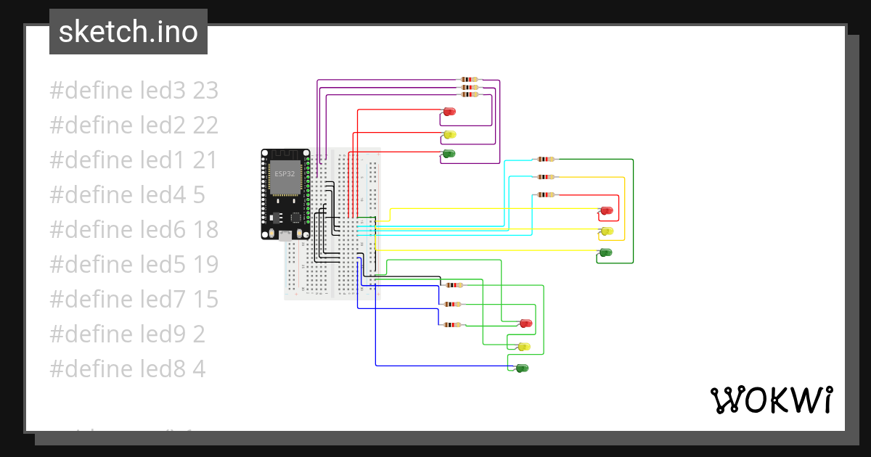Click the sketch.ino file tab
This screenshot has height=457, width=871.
point(128,32)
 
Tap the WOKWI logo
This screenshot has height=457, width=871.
point(771,400)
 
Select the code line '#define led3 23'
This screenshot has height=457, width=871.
point(134,91)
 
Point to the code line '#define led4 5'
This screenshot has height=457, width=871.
point(127,195)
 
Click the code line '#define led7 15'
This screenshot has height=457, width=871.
point(134,300)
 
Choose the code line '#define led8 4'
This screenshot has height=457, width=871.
point(127,369)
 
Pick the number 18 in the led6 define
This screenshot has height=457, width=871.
point(205,230)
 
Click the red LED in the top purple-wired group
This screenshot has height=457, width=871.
point(449,112)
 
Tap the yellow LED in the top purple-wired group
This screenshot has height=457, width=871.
point(449,134)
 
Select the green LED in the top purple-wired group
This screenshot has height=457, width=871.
point(449,154)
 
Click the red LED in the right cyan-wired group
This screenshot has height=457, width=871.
point(606,211)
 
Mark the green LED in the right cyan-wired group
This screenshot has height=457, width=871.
point(605,252)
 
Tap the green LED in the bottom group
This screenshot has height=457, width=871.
point(522,369)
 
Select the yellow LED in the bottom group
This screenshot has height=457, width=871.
point(523,347)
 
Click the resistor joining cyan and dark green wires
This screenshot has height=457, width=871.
point(544,159)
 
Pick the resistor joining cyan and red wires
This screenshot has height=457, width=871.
point(544,194)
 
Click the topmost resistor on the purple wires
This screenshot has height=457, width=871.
point(470,80)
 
